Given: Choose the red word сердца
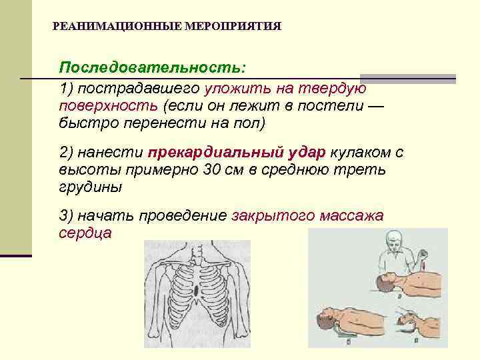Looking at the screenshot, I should [x=85, y=233].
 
